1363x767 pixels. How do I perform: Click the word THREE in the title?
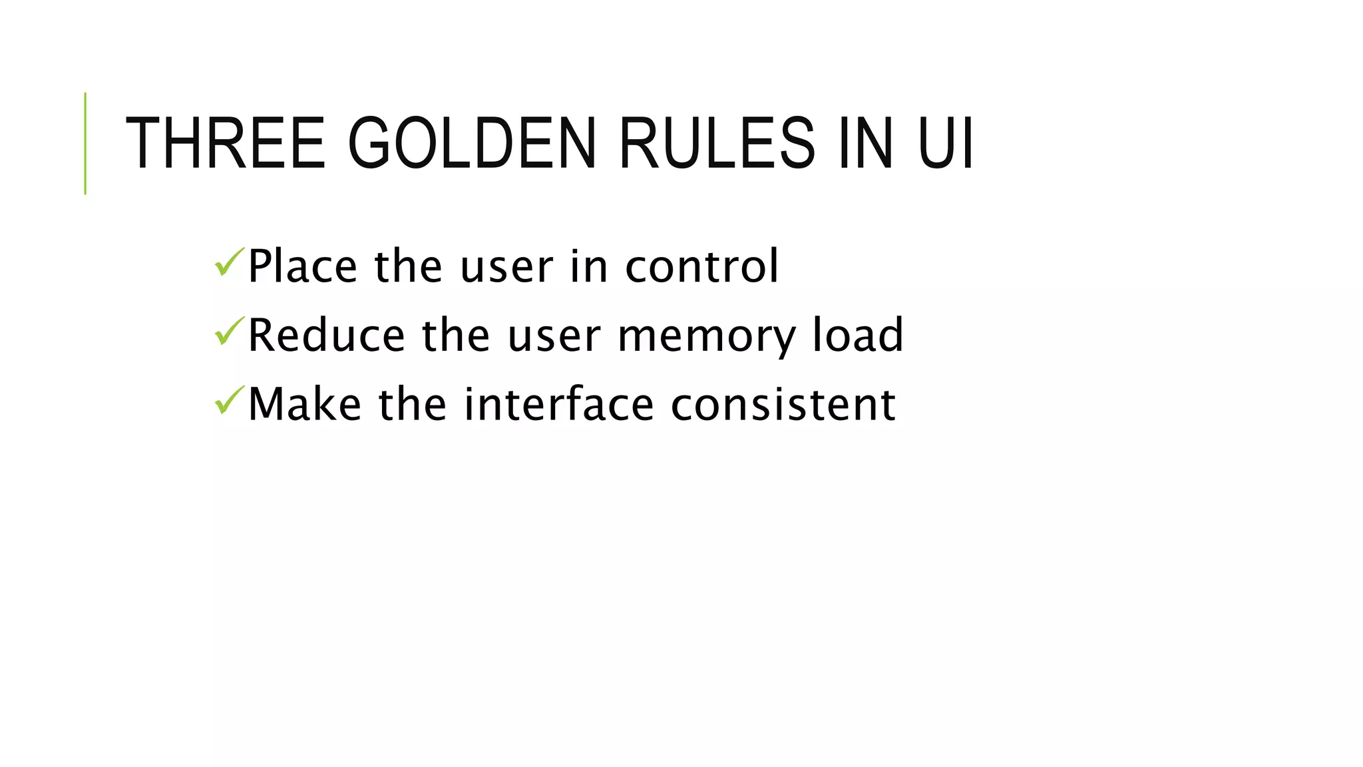click(225, 143)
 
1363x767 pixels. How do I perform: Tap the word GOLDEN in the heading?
click(472, 143)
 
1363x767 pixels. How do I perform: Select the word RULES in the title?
click(717, 143)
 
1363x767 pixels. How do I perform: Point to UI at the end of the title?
click(945, 143)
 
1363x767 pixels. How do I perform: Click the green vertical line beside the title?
click(85, 143)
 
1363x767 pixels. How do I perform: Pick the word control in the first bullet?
click(701, 266)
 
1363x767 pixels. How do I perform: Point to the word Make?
click(305, 404)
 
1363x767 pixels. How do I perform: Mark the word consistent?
click(783, 404)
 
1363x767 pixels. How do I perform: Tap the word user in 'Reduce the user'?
click(554, 337)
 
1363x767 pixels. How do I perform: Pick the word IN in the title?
click(865, 143)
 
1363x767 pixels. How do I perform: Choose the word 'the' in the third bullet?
click(413, 404)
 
